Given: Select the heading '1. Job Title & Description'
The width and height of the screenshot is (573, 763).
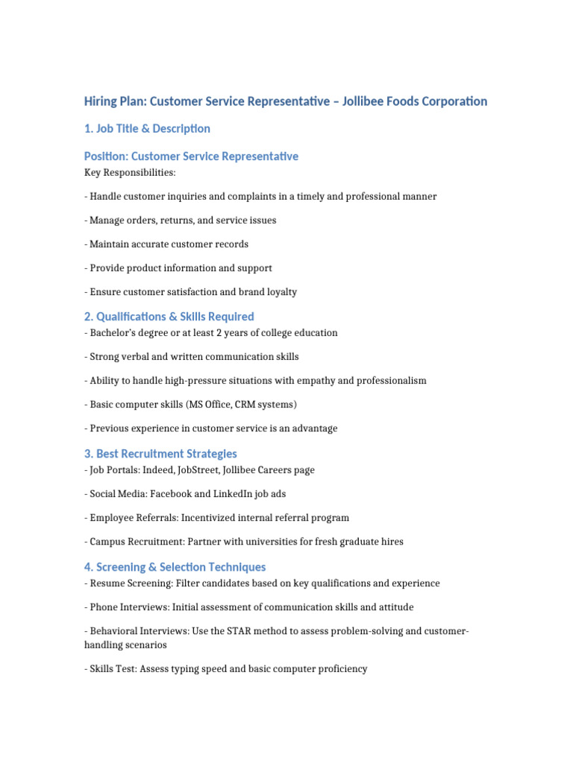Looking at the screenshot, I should pyautogui.click(x=147, y=129).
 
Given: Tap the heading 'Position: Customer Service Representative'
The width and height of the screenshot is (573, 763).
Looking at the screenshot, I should pyautogui.click(x=191, y=156).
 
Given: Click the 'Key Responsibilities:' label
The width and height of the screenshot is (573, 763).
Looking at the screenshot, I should pyautogui.click(x=130, y=173).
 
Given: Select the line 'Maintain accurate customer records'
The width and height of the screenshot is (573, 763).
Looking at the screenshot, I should pyautogui.click(x=169, y=244).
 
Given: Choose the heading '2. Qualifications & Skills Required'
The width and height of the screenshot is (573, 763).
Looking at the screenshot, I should pyautogui.click(x=169, y=317).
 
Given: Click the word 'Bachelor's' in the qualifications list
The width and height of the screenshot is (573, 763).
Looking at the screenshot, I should pyautogui.click(x=113, y=333).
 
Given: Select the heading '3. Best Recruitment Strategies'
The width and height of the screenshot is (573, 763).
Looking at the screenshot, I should pyautogui.click(x=160, y=454).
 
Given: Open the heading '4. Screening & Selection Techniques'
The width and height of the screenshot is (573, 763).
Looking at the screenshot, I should pyautogui.click(x=175, y=567).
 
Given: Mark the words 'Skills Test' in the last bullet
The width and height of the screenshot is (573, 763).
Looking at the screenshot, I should pyautogui.click(x=113, y=669).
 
